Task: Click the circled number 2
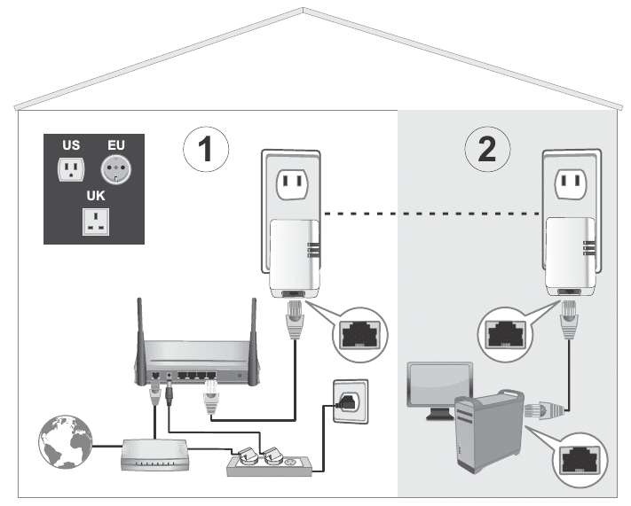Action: point(487,150)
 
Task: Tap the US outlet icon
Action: point(70,168)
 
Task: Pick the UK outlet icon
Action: point(95,222)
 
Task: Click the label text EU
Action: point(116,144)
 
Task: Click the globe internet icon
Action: point(61,440)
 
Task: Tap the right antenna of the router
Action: point(252,332)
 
